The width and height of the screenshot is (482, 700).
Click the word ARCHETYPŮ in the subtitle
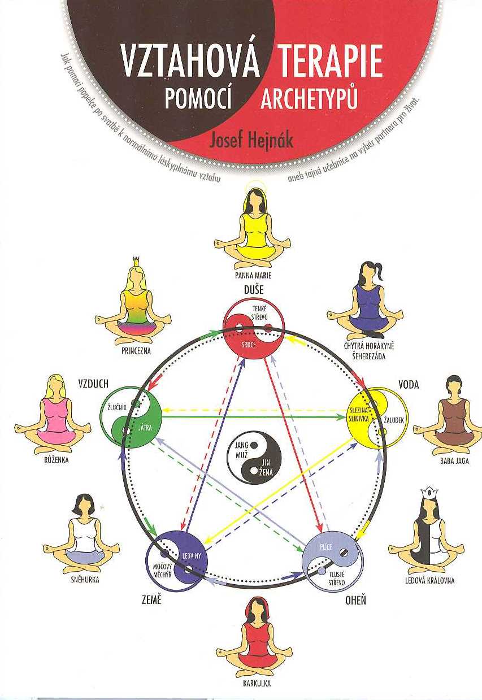pyautogui.click(x=310, y=100)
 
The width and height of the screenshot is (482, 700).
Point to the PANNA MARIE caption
pyautogui.click(x=254, y=276)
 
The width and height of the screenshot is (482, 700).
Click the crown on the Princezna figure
pyautogui.click(x=135, y=261)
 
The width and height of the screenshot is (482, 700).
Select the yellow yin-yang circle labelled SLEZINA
pyautogui.click(x=374, y=417)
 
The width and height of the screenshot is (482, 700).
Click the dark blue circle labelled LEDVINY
pyautogui.click(x=177, y=559)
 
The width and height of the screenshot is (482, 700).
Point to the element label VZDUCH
pyautogui.click(x=93, y=385)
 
